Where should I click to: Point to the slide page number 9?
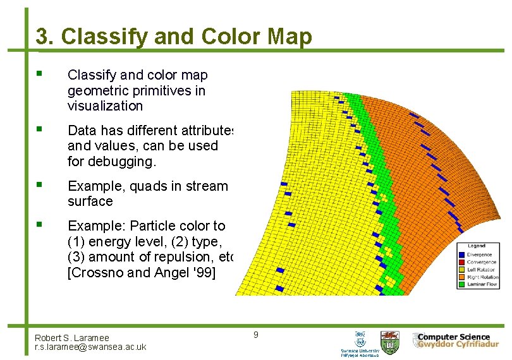(255, 334)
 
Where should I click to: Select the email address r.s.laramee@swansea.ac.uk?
(90, 347)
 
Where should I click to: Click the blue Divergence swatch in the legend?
(461, 254)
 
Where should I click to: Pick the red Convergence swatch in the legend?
(461, 261)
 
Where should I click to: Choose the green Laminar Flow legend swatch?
(461, 284)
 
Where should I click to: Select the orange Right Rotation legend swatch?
(461, 277)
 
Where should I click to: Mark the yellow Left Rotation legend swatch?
(461, 269)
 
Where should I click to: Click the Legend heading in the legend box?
(476, 246)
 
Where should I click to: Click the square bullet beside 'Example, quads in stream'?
(40, 186)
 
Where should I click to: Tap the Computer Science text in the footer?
(454, 337)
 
